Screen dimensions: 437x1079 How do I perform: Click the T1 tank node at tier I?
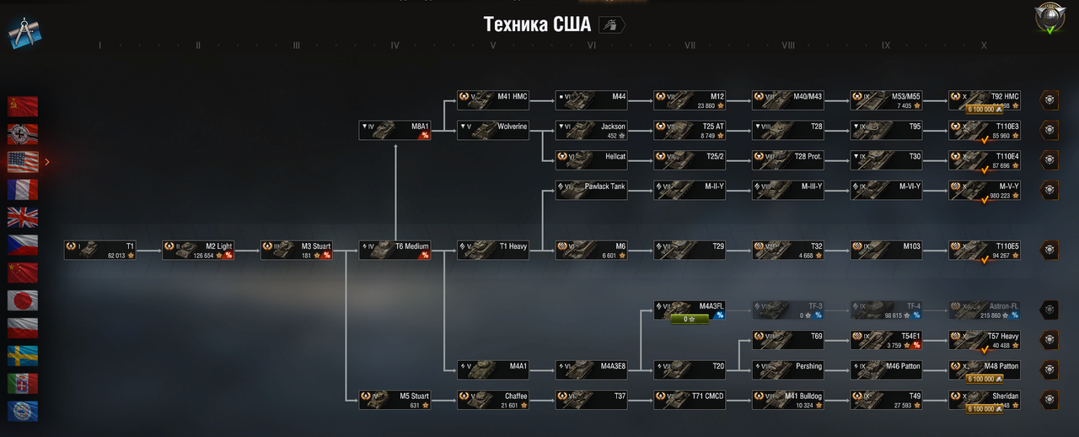point(100,250)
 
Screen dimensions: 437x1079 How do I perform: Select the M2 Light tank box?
point(198,250)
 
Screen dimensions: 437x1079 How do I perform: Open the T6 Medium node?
point(395,250)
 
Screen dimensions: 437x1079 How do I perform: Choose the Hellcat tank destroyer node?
point(591,160)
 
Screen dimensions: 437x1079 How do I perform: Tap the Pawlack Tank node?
point(591,190)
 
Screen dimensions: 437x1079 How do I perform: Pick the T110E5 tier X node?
point(985,250)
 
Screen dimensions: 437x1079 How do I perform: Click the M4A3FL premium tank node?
point(690,310)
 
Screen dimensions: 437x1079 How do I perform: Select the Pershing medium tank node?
point(787,370)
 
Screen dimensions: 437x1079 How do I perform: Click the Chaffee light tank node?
point(493,400)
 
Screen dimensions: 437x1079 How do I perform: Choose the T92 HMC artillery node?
point(985,100)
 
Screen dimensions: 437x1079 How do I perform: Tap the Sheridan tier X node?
point(985,400)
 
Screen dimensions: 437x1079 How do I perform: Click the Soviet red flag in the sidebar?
point(23,106)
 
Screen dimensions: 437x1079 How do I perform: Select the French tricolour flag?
point(23,189)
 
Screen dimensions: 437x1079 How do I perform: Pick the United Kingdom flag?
point(23,217)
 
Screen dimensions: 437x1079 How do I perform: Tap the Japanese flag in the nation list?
point(23,300)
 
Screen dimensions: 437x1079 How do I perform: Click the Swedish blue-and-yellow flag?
point(23,356)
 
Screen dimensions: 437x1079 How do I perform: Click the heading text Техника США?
point(537,24)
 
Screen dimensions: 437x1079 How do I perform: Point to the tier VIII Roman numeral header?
point(788,46)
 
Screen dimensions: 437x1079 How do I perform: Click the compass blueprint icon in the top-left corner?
point(25,32)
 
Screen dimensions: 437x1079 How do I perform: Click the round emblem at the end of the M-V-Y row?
point(1049,190)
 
